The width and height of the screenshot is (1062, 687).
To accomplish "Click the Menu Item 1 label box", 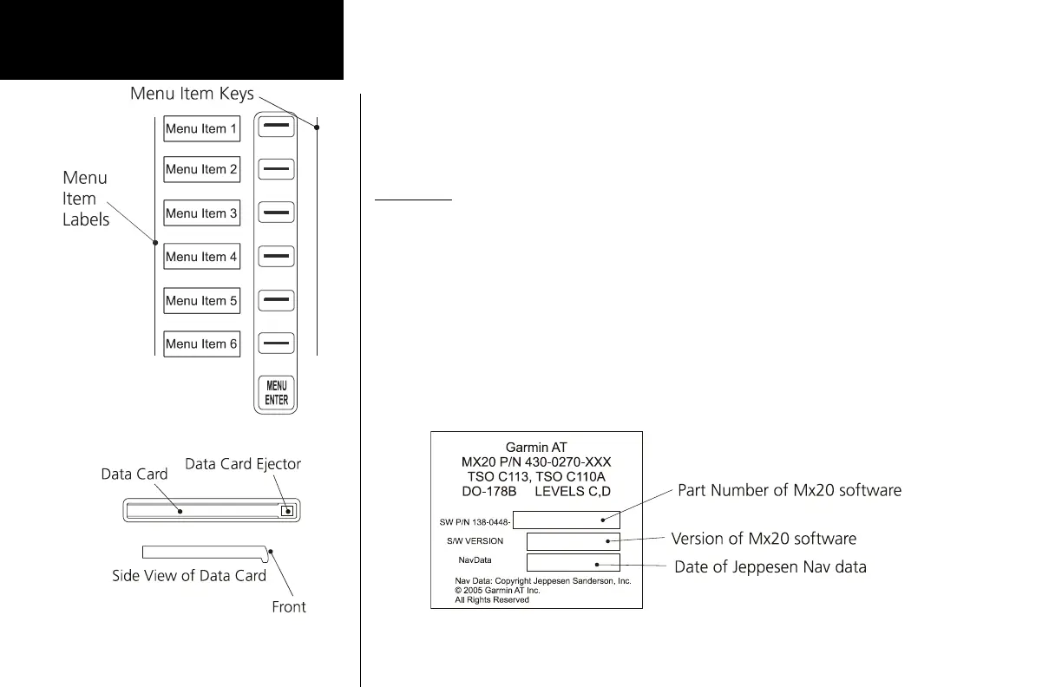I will pyautogui.click(x=201, y=128).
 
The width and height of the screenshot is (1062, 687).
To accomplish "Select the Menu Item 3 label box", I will pyautogui.click(x=201, y=213).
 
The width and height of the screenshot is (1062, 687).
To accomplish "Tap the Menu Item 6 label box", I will pyautogui.click(x=201, y=343).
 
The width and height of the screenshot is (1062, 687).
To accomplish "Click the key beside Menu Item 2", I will pyautogui.click(x=277, y=169).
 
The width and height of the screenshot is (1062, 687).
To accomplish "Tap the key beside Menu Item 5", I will pyautogui.click(x=277, y=300).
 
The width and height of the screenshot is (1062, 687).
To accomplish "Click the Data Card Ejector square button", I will pyautogui.click(x=288, y=512).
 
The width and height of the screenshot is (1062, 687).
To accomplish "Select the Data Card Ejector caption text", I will pyautogui.click(x=243, y=464).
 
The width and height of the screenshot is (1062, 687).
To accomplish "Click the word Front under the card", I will pyautogui.click(x=289, y=607).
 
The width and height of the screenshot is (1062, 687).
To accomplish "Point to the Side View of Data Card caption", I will pyautogui.click(x=189, y=575).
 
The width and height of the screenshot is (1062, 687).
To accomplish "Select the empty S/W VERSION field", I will pyautogui.click(x=573, y=541).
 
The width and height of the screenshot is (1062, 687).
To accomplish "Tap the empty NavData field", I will pyautogui.click(x=573, y=562).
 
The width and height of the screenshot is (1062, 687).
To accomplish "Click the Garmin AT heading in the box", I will pyautogui.click(x=536, y=447).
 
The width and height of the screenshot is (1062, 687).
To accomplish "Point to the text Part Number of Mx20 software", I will pyautogui.click(x=789, y=491).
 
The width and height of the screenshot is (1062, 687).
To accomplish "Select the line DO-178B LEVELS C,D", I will pyautogui.click(x=536, y=491).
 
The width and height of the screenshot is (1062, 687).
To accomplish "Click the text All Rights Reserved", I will pyautogui.click(x=492, y=599).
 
